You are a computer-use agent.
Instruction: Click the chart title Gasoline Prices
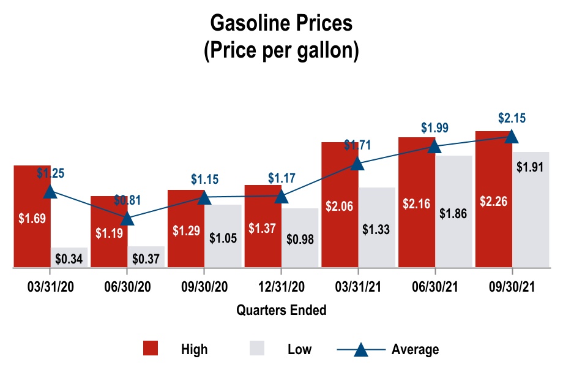click(281, 23)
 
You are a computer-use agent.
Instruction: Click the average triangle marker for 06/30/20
click(127, 219)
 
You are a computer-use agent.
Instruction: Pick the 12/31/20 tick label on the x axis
click(281, 287)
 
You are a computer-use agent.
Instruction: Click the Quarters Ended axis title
click(281, 310)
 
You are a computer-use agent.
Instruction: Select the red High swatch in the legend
click(151, 349)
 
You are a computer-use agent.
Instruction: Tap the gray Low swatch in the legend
click(256, 349)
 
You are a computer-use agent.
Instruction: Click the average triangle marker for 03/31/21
click(357, 164)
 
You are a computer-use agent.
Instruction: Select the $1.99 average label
click(434, 128)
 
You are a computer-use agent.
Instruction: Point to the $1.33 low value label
click(376, 229)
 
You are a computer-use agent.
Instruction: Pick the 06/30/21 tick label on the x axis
click(435, 287)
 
